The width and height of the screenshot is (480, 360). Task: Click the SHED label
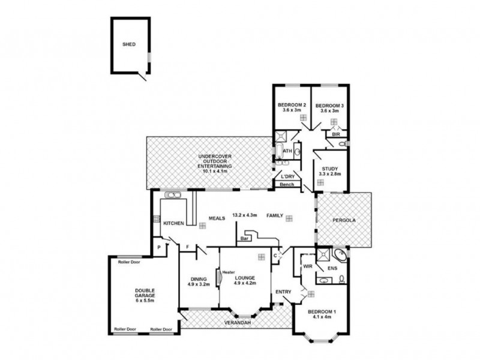[129, 44]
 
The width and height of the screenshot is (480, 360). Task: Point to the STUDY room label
[329, 169]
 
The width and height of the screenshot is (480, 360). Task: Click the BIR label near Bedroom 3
[336, 135]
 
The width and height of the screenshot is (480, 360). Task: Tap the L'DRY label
[288, 176]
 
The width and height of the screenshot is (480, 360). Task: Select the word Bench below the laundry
[287, 185]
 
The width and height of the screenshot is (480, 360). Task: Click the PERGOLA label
[344, 220]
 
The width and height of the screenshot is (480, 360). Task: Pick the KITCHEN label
[173, 223]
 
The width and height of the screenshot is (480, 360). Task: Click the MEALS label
[217, 218]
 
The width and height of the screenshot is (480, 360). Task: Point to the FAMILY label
[275, 215]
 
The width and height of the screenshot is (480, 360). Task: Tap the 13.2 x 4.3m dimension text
[244, 215]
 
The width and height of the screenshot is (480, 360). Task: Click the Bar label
[244, 238]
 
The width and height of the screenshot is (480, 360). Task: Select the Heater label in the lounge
[228, 272]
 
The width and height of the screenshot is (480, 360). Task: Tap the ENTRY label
[283, 292]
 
